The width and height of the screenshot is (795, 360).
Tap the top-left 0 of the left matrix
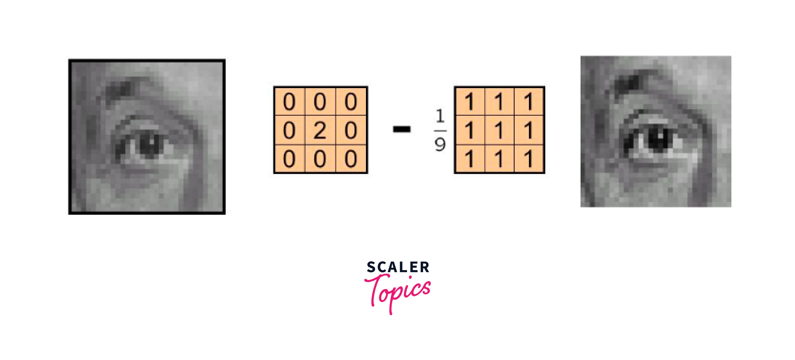pyautogui.click(x=289, y=102)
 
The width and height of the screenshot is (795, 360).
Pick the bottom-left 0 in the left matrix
pyautogui.click(x=289, y=159)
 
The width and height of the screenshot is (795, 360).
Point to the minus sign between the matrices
pyautogui.click(x=401, y=129)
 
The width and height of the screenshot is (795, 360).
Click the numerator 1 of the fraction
pyautogui.click(x=440, y=116)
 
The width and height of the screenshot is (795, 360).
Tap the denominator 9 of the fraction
pyautogui.click(x=440, y=144)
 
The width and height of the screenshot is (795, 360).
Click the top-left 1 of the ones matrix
pyautogui.click(x=470, y=102)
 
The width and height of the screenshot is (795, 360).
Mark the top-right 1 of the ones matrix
pyautogui.click(x=528, y=102)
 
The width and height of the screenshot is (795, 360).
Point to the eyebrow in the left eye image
pyautogui.click(x=120, y=88)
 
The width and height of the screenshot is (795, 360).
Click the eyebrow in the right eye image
pyautogui.click(x=628, y=82)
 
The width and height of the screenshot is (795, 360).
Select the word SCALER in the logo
pyautogui.click(x=398, y=267)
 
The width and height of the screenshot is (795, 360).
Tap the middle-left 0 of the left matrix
pyautogui.click(x=289, y=130)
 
